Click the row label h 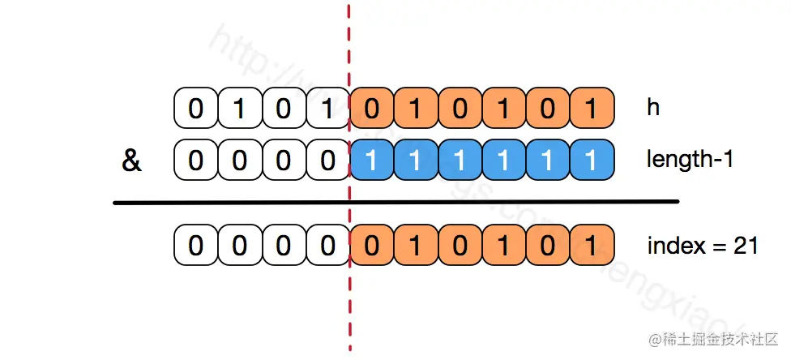pos(653,108)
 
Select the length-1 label pos(690,160)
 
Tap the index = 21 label pos(702,245)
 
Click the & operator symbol pos(131,161)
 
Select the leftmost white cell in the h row pos(195,109)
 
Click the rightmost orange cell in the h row pos(591,109)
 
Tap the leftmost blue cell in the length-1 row pos(371,161)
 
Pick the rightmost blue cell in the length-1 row pos(591,161)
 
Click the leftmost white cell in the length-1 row pos(195,161)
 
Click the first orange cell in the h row pos(371,109)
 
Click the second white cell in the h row pos(239,109)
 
